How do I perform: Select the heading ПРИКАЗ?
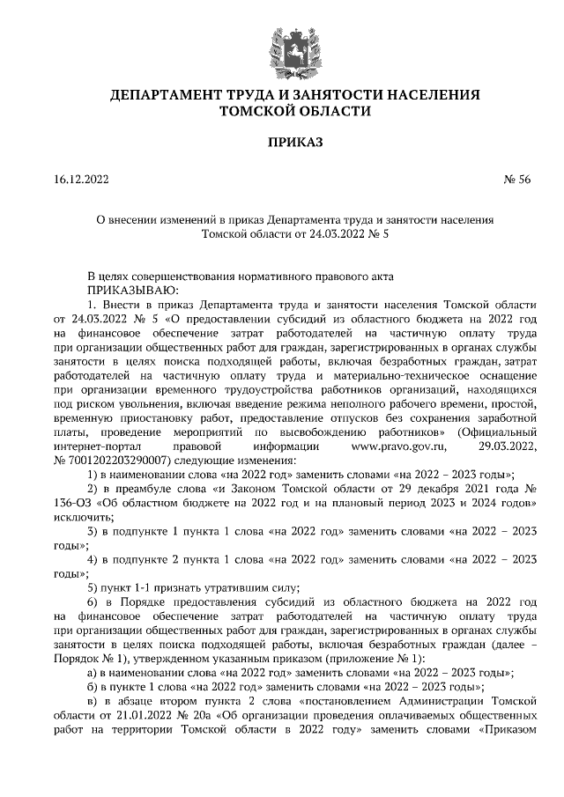click(281, 141)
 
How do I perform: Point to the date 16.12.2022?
click(81, 181)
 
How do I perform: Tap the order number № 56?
click(517, 181)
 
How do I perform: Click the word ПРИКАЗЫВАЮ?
click(132, 289)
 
